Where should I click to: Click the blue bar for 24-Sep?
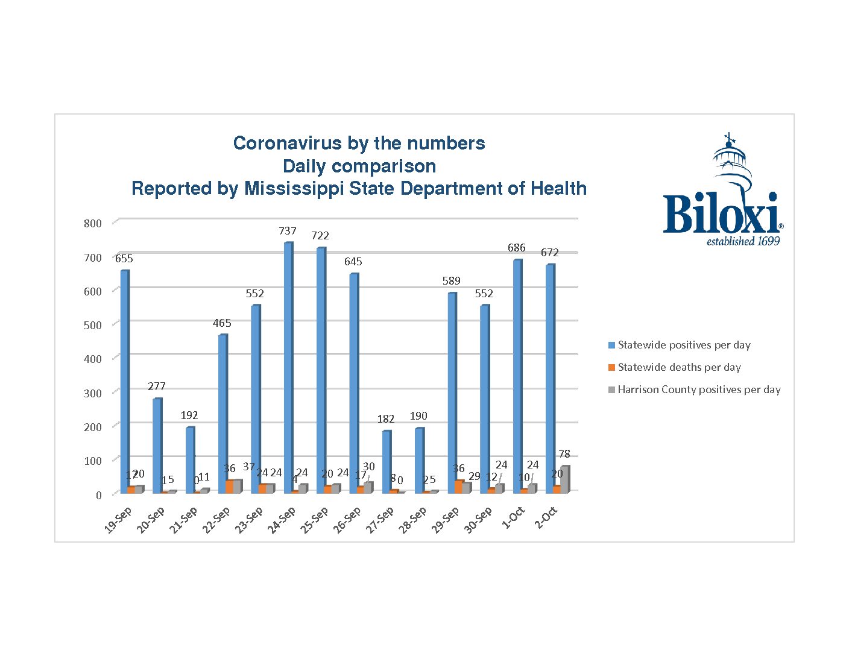point(288,368)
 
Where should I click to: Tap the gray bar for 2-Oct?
point(564,479)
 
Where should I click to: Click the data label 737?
point(288,231)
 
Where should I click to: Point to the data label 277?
point(157,386)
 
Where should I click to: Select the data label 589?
point(451,281)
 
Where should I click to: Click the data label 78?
point(564,454)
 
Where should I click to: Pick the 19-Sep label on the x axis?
point(118,520)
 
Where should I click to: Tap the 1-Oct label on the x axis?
point(514,517)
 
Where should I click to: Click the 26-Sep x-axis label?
point(347,520)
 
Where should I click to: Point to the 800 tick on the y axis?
point(93,223)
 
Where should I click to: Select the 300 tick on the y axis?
point(93,393)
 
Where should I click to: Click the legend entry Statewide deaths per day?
point(679,367)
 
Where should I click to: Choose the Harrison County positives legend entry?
point(699,389)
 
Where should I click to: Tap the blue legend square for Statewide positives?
point(611,345)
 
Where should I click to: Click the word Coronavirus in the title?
point(282,143)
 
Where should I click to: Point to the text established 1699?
point(743,242)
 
